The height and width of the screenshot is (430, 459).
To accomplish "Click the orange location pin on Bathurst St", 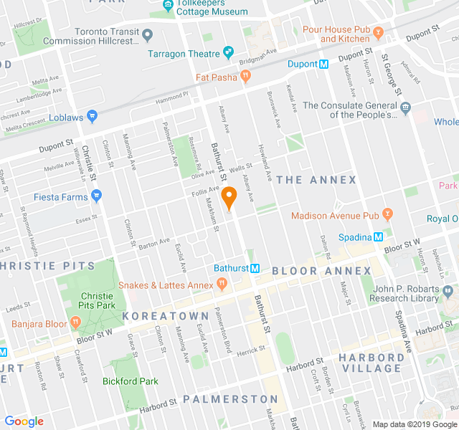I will click(229, 196).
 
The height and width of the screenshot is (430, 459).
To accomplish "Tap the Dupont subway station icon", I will click(323, 64).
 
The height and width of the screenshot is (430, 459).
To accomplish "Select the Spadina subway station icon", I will click(378, 237).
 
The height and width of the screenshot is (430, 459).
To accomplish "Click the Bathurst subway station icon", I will click(255, 268).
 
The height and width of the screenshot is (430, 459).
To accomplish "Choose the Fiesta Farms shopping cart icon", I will click(97, 196).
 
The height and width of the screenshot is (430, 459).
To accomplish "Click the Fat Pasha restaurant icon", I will click(245, 76).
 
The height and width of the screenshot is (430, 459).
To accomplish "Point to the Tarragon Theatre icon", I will click(229, 53).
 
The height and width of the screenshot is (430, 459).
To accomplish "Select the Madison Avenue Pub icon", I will click(388, 213).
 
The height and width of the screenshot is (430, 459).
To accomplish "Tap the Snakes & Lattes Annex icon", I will click(222, 285).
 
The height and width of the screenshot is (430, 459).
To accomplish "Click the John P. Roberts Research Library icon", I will click(448, 292).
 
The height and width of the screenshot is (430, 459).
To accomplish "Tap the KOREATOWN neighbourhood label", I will click(166, 315).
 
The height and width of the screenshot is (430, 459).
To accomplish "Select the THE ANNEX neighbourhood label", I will click(316, 179).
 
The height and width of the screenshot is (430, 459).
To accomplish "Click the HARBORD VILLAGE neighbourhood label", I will click(370, 363).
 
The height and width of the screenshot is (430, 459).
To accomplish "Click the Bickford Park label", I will click(130, 381).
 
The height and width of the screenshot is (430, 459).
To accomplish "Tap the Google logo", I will click(24, 421).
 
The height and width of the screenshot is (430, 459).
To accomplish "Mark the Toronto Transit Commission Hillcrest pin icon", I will click(147, 34).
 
